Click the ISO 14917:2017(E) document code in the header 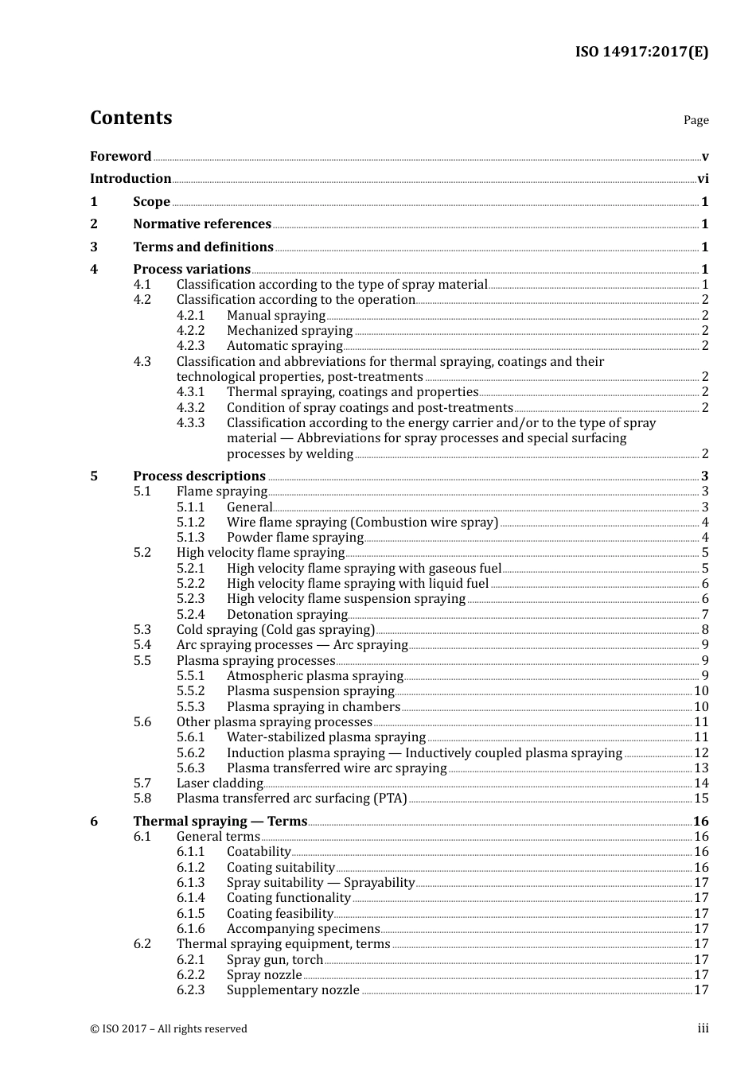click(641, 52)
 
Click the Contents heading click(131, 118)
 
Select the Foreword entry click(120, 156)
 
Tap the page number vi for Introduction click(703, 179)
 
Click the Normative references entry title click(202, 224)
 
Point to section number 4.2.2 click(190, 331)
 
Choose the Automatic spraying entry click(284, 346)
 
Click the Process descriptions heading click(199, 476)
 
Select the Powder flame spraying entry click(294, 538)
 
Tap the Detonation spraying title click(286, 615)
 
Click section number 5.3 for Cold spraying click(142, 630)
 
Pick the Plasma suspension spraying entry click(310, 691)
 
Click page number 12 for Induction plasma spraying click(701, 753)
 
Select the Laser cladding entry click(220, 783)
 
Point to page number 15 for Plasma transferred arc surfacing click(701, 799)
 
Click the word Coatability click(259, 852)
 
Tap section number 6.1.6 click(190, 929)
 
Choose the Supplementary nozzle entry click(293, 990)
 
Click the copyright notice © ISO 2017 click(169, 1029)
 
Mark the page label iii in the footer click(703, 1028)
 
